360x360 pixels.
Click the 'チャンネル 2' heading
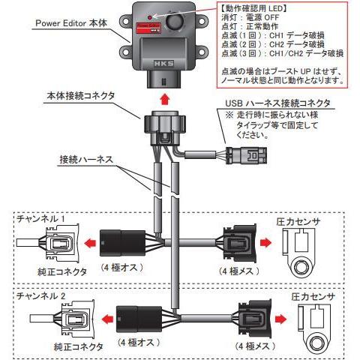point(45,296)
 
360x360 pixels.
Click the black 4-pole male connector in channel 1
point(121,241)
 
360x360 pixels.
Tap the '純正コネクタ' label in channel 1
point(52,266)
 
